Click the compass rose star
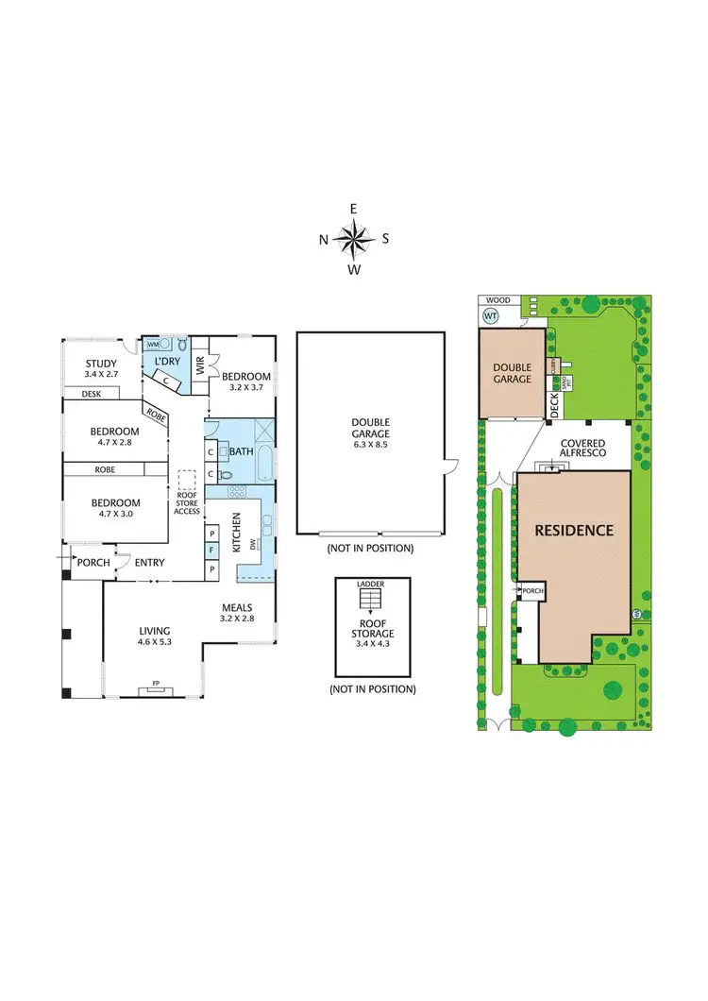pos(354,239)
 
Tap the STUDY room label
pos(101,364)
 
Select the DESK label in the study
pos(92,394)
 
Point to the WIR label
pos(199,367)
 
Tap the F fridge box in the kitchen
pos(212,548)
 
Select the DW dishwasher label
pos(253,543)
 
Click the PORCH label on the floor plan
pos(93,563)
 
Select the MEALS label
pos(237,607)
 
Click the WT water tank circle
pos(491,314)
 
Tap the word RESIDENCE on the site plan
pos(574,530)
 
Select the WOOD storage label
pos(497,300)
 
